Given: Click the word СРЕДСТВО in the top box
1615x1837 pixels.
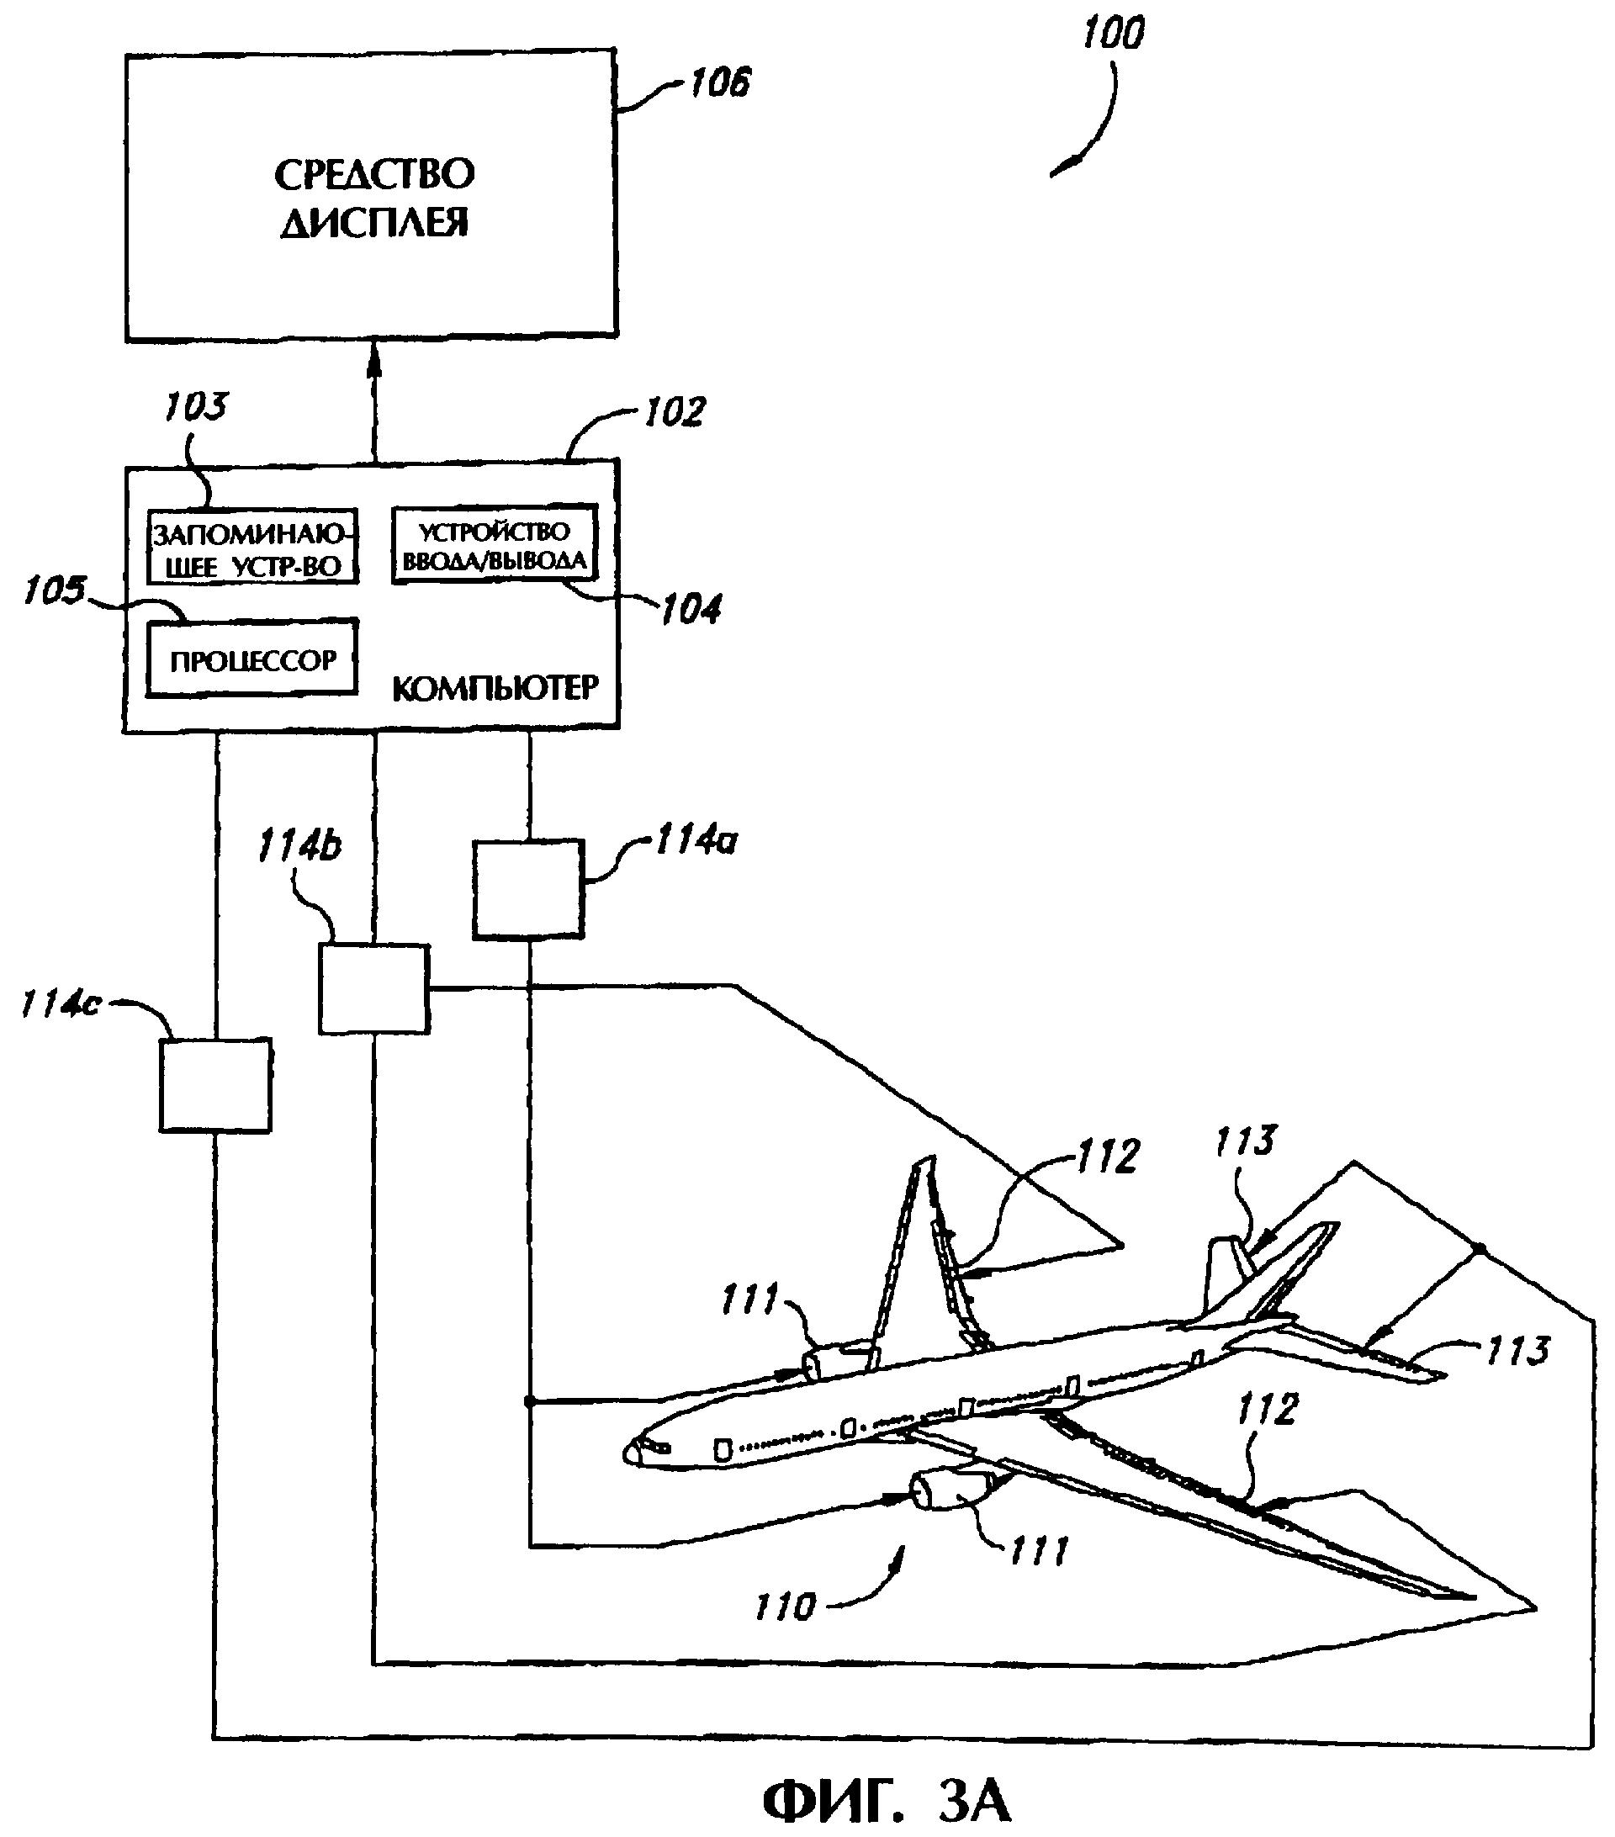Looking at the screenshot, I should [373, 174].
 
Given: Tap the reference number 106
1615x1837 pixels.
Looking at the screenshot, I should [719, 84].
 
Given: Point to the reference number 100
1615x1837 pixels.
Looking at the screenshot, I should [1113, 34].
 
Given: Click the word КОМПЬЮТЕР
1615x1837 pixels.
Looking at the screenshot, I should [495, 688].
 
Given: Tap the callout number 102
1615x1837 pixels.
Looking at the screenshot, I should [675, 412].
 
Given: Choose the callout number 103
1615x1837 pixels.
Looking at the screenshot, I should [196, 407].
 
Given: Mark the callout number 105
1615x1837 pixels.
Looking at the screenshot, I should [54, 591].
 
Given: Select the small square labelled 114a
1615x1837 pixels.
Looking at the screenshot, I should [528, 889].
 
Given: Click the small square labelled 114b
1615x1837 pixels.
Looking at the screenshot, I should [373, 987].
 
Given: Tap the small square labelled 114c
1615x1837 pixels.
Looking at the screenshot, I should [215, 1085].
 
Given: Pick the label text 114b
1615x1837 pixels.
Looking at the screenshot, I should [299, 845].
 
